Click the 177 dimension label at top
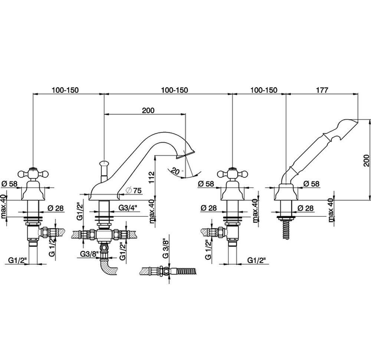(x=322, y=90)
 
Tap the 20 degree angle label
(x=175, y=171)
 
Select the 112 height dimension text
(x=151, y=177)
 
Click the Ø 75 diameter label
(x=134, y=190)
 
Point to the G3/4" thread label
(x=128, y=208)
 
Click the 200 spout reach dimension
(x=148, y=110)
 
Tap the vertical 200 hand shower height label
(x=366, y=160)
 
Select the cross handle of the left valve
(x=32, y=174)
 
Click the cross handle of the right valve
(x=233, y=174)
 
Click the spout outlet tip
(x=186, y=155)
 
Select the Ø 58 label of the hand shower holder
(x=311, y=184)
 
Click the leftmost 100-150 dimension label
(x=65, y=90)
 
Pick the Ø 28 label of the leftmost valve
(x=56, y=208)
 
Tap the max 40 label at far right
(x=331, y=210)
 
